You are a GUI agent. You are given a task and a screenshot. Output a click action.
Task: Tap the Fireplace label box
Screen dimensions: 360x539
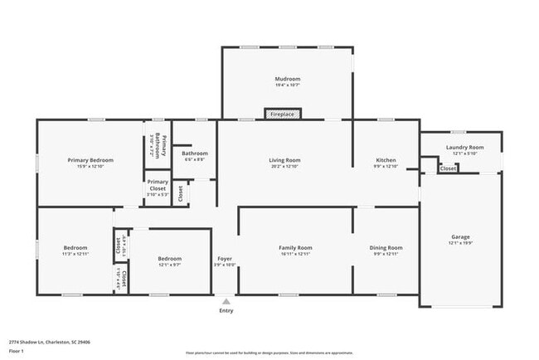[283, 114]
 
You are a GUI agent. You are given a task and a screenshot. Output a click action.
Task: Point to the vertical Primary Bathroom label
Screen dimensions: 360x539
[161, 146]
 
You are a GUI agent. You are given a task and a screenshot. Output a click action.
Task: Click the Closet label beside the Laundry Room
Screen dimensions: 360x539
[448, 168]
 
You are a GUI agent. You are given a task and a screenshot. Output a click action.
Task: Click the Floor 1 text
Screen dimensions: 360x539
[17, 351]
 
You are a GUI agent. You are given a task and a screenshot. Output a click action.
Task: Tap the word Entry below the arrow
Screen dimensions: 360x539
[226, 311]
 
